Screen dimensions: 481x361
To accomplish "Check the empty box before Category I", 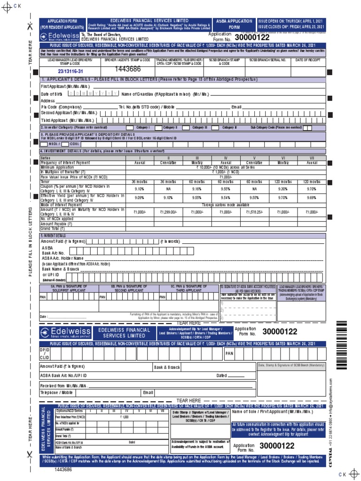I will point(130,128).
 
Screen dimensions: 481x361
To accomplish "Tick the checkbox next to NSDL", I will point(44,144).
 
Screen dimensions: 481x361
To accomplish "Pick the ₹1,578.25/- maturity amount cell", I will point(254,212).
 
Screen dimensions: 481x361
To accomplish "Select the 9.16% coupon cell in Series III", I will point(197,189).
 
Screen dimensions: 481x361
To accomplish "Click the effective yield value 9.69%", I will point(312,198).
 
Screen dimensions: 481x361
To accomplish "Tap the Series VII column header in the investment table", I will point(312,158).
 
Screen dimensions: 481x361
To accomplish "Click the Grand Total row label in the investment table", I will point(52,229).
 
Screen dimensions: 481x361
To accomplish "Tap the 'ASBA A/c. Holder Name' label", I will point(63,258).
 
